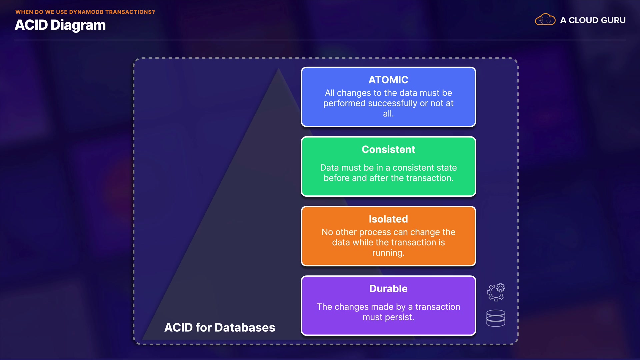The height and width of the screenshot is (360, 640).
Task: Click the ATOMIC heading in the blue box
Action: click(x=388, y=80)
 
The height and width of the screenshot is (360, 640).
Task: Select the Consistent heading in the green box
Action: click(x=388, y=150)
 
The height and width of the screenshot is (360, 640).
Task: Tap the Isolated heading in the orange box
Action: click(x=388, y=219)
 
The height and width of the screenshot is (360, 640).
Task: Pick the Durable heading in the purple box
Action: click(x=388, y=289)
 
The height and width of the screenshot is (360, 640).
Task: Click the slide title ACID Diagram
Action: click(x=60, y=25)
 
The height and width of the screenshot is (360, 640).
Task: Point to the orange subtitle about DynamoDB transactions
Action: click(x=85, y=12)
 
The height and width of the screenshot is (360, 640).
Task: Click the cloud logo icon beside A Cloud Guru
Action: click(x=545, y=20)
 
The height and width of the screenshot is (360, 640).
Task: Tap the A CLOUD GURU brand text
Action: click(x=593, y=20)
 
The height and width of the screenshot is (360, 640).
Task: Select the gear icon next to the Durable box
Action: click(x=496, y=292)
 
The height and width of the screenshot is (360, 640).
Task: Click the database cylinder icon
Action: click(x=496, y=318)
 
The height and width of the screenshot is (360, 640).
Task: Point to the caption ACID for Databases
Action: click(x=220, y=328)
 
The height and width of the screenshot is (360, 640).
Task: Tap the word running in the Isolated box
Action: click(x=388, y=253)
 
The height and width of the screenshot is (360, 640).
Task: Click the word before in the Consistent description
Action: click(x=336, y=178)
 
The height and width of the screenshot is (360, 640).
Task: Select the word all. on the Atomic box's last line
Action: click(x=388, y=114)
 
